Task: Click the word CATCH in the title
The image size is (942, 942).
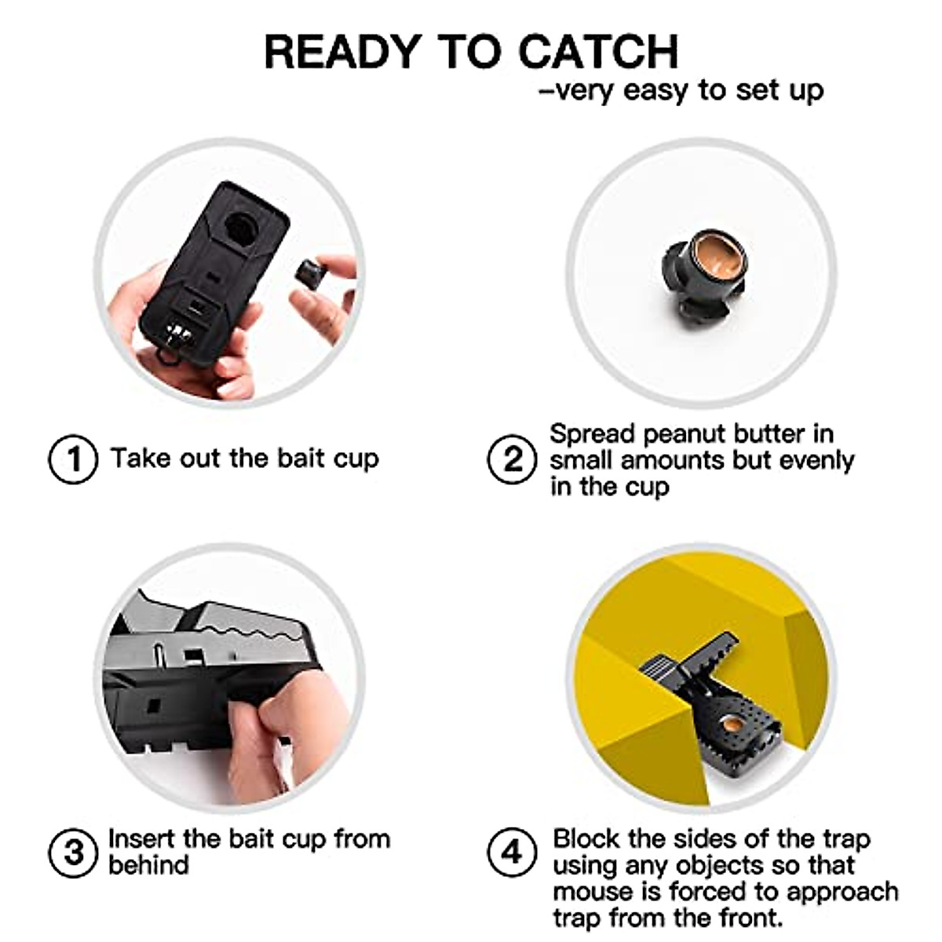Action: point(598,52)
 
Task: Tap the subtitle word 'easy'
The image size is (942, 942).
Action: point(658,90)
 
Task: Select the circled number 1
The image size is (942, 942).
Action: point(73,459)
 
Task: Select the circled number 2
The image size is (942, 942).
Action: point(512,459)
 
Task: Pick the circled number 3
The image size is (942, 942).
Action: point(73,852)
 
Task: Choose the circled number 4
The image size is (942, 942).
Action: point(512,852)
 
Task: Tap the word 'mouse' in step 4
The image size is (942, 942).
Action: point(593,892)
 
